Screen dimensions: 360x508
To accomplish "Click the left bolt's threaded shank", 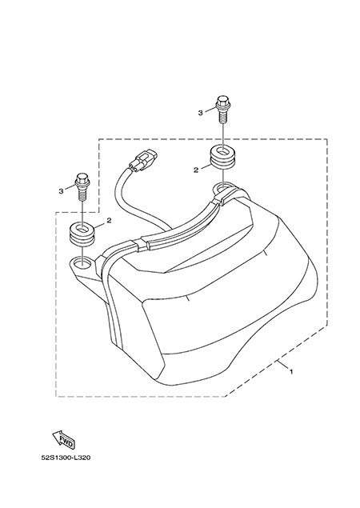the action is [x=82, y=194].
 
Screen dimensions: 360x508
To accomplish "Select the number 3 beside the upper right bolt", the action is [x=200, y=113].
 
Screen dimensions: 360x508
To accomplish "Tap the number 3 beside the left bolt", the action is [x=61, y=191].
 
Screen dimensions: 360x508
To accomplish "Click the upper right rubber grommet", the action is [x=222, y=158].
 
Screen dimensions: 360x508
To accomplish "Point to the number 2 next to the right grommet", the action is [x=196, y=170].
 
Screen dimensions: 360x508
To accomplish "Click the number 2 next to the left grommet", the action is [x=109, y=220].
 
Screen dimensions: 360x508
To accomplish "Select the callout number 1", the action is [x=291, y=372].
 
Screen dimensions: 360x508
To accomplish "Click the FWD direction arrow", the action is [x=63, y=440].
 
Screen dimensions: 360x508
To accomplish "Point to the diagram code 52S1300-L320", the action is [x=66, y=458].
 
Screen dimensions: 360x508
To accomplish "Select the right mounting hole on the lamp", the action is [x=223, y=187].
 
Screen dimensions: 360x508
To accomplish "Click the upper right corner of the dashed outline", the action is [x=327, y=139].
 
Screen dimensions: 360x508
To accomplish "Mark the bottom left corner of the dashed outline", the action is [x=56, y=396].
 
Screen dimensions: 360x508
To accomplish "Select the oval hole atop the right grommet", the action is [x=223, y=151].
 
